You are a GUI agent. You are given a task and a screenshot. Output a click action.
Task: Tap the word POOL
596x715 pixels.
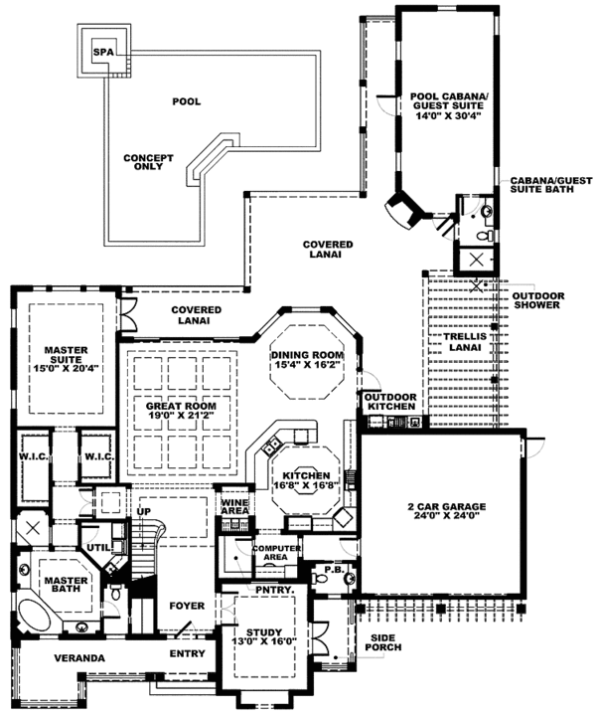point(185,101)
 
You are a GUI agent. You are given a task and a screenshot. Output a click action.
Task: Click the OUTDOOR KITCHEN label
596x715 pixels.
point(390,402)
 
